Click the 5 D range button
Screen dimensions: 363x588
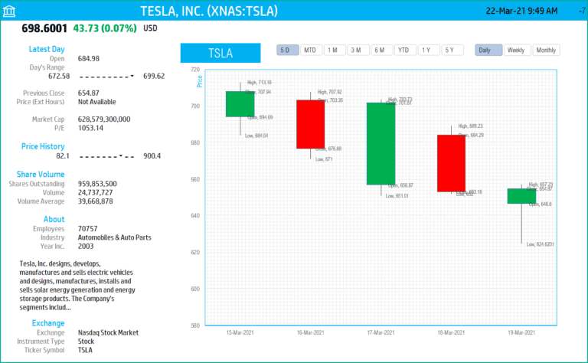pyautogui.click(x=288, y=50)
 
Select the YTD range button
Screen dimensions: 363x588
pyautogui.click(x=404, y=50)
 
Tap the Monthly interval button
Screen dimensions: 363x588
pyautogui.click(x=546, y=50)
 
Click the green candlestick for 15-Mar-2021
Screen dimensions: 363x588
pyautogui.click(x=240, y=104)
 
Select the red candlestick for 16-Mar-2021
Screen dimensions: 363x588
pyautogui.click(x=310, y=124)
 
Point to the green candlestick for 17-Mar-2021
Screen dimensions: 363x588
pyautogui.click(x=381, y=143)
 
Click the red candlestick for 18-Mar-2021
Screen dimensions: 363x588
pyautogui.click(x=451, y=163)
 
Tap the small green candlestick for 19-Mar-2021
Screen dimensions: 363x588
pyautogui.click(x=521, y=196)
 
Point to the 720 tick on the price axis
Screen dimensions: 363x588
pyautogui.click(x=194, y=70)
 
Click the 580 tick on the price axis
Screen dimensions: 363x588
pyautogui.click(x=194, y=325)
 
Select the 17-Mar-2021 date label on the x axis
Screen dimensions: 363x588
pyautogui.click(x=381, y=333)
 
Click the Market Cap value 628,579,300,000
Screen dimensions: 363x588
pyautogui.click(x=104, y=119)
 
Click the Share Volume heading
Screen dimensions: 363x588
pyautogui.click(x=41, y=174)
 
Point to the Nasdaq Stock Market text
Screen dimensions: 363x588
pyautogui.click(x=109, y=333)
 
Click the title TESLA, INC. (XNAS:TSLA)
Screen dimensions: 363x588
pyautogui.click(x=208, y=11)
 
